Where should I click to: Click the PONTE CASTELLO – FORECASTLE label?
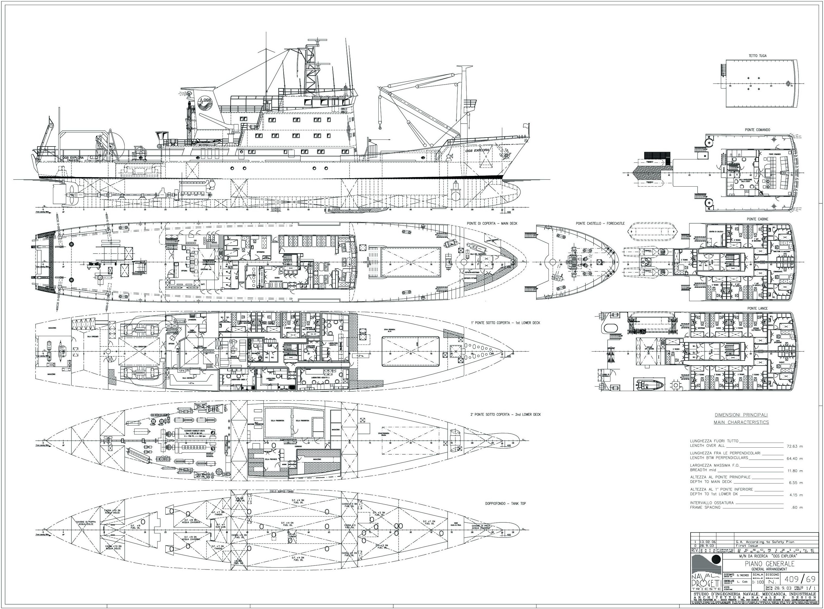pos(600,223)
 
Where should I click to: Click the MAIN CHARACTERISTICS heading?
pos(741,422)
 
